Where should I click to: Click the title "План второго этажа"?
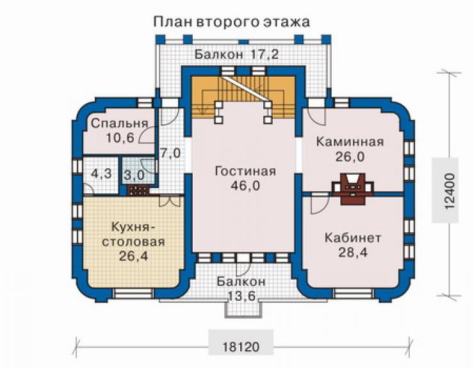(232, 22)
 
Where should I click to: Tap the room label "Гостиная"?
(245, 172)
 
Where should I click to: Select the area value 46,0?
(245, 186)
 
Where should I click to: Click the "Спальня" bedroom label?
(120, 124)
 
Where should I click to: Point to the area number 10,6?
(120, 138)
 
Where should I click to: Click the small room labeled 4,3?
(102, 173)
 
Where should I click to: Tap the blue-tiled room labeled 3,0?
(135, 175)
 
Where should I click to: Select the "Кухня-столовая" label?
(133, 234)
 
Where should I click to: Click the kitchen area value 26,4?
(134, 256)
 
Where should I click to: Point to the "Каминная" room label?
(350, 141)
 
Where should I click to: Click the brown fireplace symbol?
(353, 189)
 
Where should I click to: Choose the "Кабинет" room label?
(353, 238)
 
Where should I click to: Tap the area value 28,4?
(353, 252)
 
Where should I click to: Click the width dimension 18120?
(241, 347)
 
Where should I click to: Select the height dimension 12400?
(450, 191)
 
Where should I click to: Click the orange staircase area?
(243, 97)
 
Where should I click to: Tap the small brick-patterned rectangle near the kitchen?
(138, 190)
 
